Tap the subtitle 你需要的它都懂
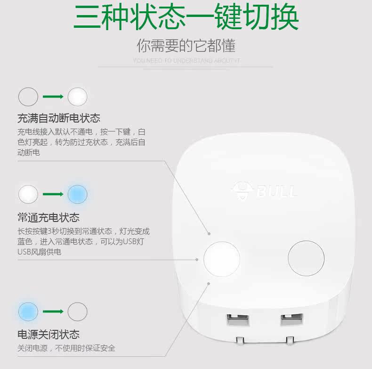[x=186, y=46]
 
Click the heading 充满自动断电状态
[x=59, y=118]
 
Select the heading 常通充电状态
[x=49, y=217]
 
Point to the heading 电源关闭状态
[x=49, y=335]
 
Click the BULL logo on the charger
[x=265, y=191]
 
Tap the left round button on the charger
[x=222, y=259]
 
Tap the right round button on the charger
[x=306, y=259]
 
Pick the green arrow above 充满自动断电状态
[x=53, y=97]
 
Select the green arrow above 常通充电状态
[x=53, y=194]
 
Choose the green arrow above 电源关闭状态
[x=53, y=312]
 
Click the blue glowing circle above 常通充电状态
[x=78, y=194]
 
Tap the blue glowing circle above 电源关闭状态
[x=28, y=312]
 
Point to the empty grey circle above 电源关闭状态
[x=78, y=312]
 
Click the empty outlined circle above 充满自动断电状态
[x=28, y=97]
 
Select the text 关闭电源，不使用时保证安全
[x=66, y=348]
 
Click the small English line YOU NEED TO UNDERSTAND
[x=186, y=60]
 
